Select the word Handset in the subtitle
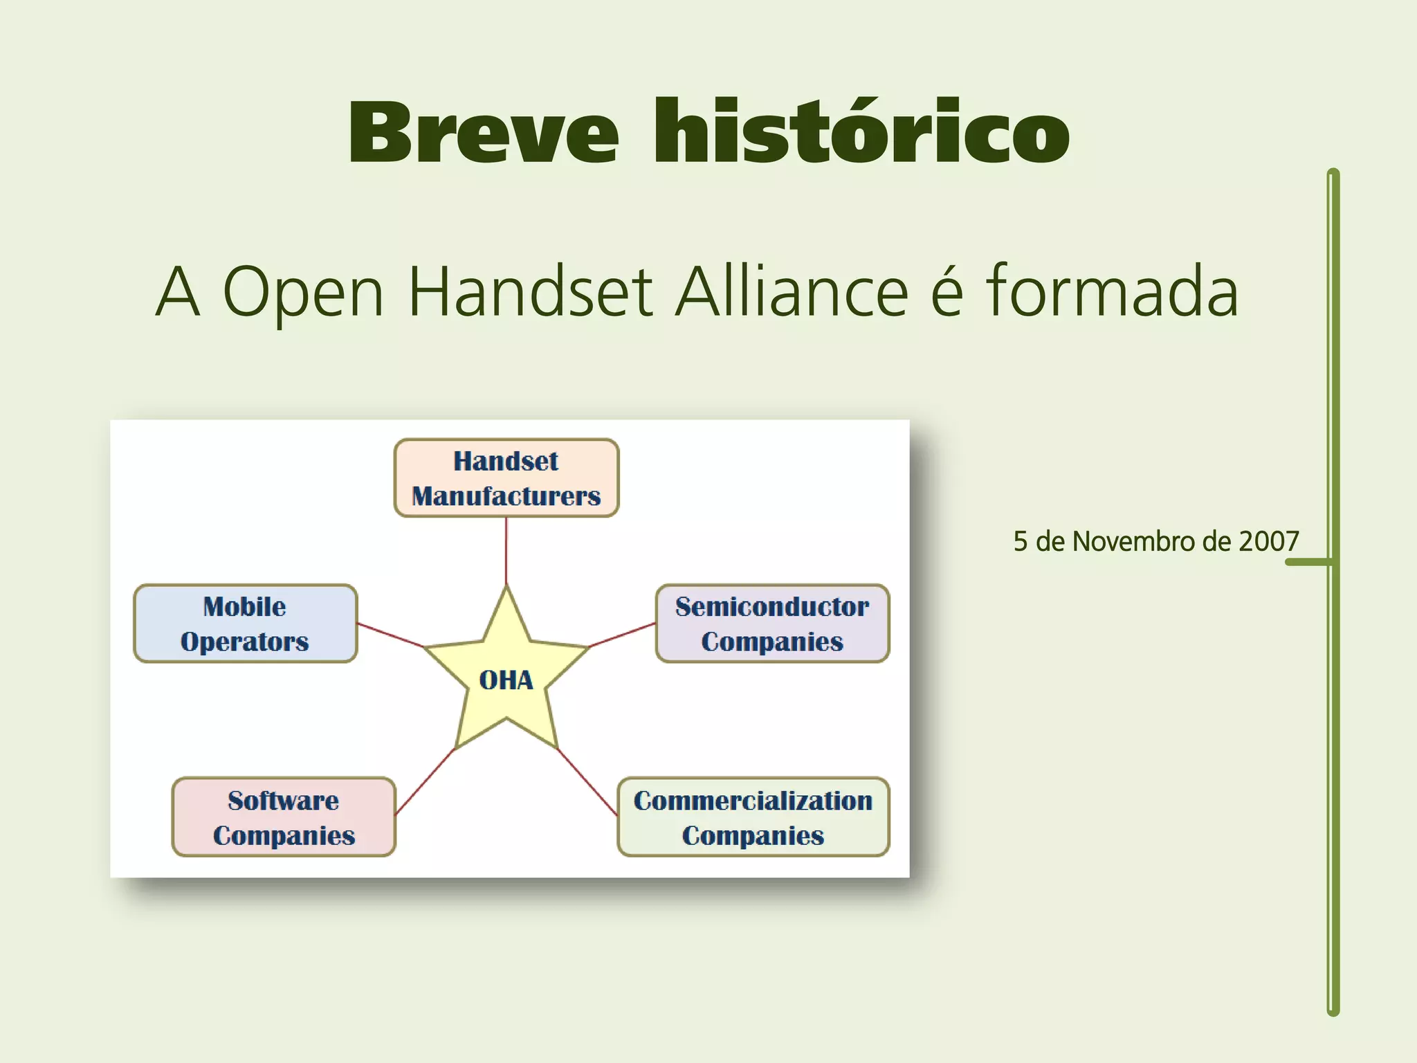[x=530, y=292]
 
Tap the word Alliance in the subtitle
[x=792, y=292]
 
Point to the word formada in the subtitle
[x=1112, y=292]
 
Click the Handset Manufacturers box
[x=506, y=478]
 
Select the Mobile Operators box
[x=245, y=624]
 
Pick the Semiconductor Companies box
[x=772, y=624]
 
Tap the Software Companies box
[x=284, y=817]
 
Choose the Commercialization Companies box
[x=753, y=817]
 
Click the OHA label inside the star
[x=506, y=680]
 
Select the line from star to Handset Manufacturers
[x=506, y=550]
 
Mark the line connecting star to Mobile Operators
[x=390, y=635]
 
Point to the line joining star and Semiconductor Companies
[x=621, y=635]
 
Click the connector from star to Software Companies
[x=425, y=782]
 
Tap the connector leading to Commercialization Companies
[x=587, y=782]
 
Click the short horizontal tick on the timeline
[x=1308, y=562]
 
